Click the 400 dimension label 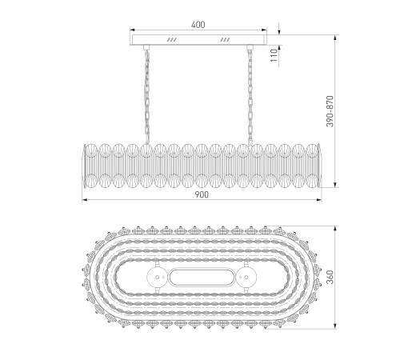tap(198, 25)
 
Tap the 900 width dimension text tap(202, 195)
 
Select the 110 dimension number tap(274, 55)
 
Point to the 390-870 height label tap(330, 111)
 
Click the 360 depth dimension tap(330, 277)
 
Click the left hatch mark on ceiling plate tap(172, 40)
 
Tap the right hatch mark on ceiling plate tap(225, 40)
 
